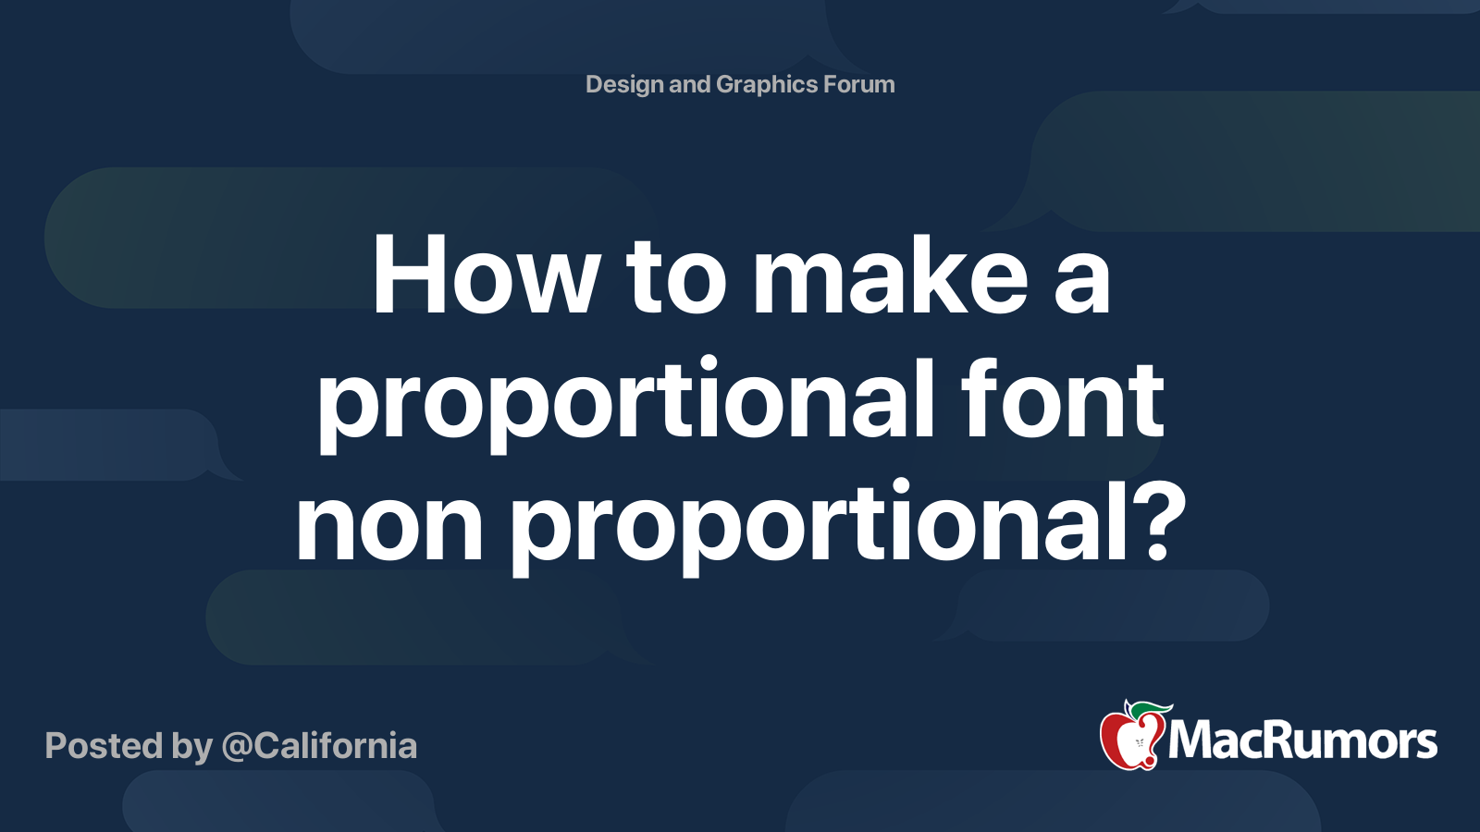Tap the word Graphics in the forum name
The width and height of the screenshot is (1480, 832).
(767, 85)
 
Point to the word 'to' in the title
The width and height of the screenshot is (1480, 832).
(676, 277)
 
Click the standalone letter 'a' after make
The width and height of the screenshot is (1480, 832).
(1081, 284)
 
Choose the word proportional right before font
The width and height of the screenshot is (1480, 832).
(625, 404)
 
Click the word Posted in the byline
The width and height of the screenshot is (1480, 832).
(105, 746)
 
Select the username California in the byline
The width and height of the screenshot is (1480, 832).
(335, 745)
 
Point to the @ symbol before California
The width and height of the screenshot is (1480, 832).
(237, 748)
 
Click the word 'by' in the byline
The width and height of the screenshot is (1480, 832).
(192, 749)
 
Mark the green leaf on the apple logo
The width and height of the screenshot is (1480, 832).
(1148, 708)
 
